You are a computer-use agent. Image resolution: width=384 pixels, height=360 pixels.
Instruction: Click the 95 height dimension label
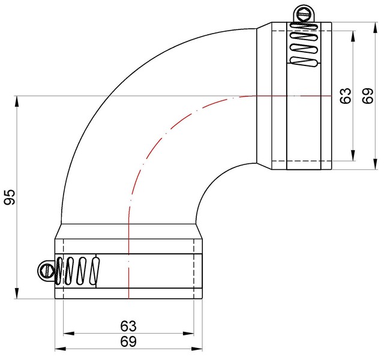9,197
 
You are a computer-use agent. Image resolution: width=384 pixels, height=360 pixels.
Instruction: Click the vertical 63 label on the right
346,96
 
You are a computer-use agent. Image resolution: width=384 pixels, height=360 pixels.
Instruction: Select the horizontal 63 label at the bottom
128,326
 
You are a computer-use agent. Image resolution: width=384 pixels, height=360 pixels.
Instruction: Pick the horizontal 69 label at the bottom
128,341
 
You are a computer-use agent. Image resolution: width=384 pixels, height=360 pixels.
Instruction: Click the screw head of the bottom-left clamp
45,271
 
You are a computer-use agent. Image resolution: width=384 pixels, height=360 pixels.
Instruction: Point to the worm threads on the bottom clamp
77,271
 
